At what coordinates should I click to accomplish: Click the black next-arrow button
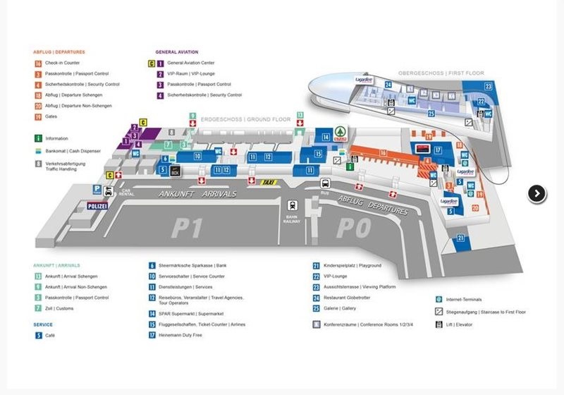(x=537, y=193)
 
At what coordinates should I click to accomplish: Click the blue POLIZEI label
(x=97, y=206)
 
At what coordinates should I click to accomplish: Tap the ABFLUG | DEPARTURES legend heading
(x=59, y=51)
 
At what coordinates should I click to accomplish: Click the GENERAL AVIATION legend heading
(x=176, y=51)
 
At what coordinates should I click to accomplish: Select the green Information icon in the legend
(x=37, y=138)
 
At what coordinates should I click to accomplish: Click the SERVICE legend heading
(x=43, y=324)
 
